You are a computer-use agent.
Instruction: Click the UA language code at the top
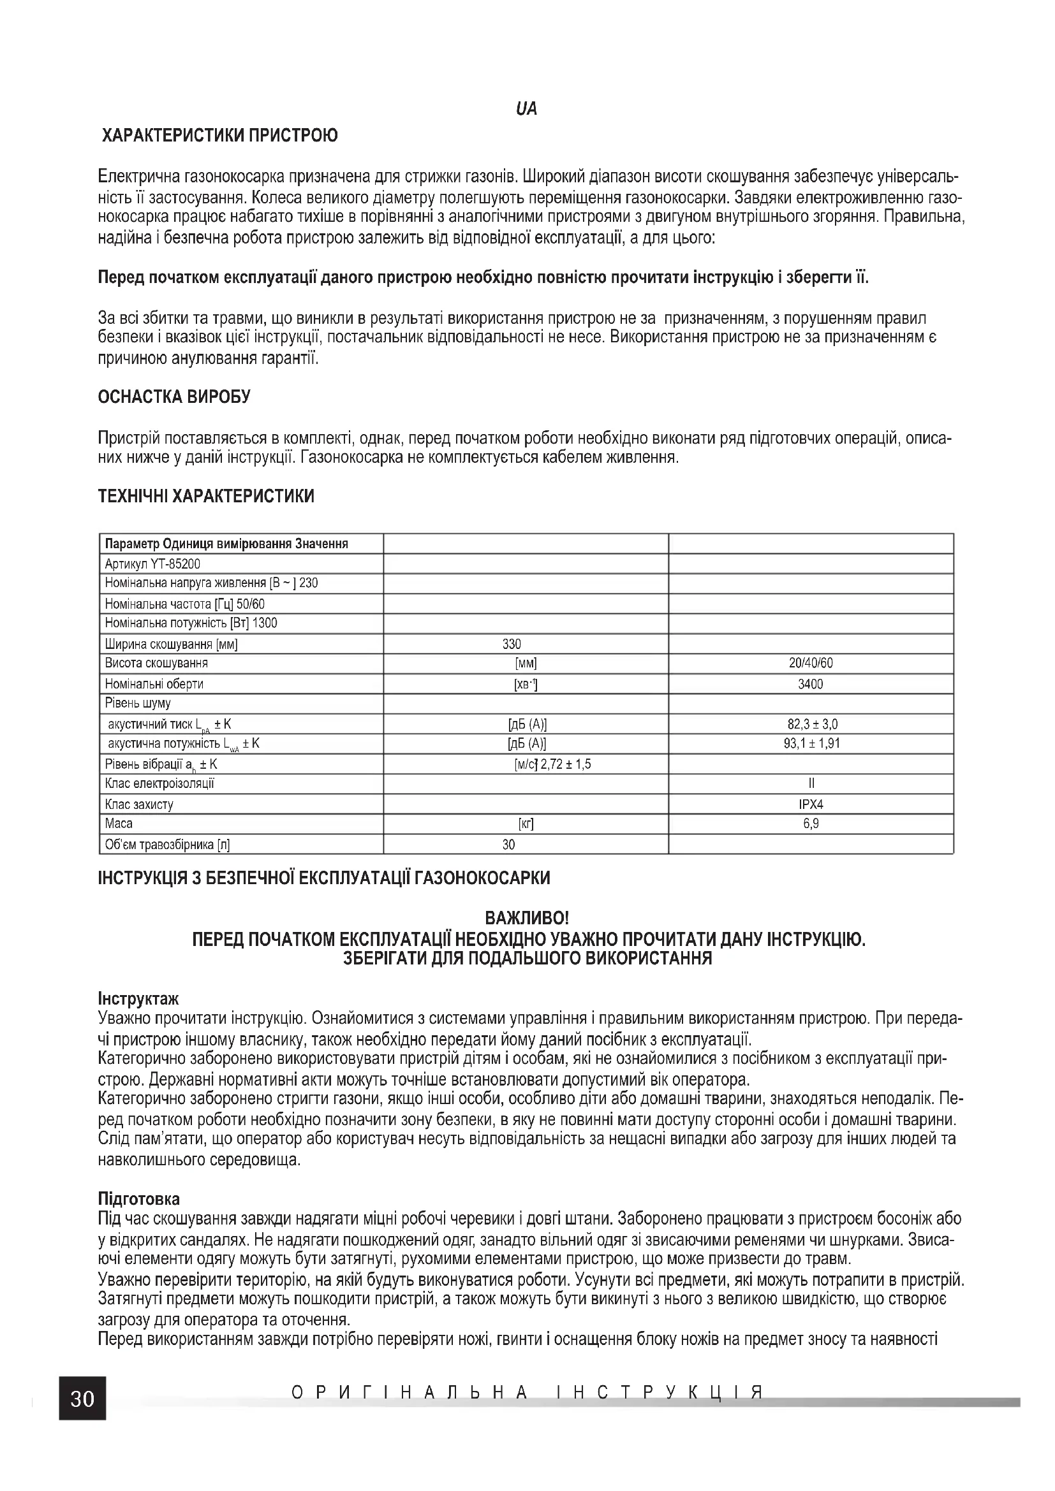click(x=526, y=109)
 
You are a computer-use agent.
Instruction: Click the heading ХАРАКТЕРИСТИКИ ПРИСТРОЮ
click(x=219, y=136)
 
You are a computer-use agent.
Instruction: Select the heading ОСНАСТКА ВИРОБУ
click(x=173, y=396)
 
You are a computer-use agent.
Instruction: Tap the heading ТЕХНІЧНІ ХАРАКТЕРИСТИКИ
click(x=206, y=496)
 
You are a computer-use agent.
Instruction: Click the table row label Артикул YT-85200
click(x=152, y=564)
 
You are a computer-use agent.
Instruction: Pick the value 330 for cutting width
click(x=512, y=644)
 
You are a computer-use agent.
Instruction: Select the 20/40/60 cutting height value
click(x=811, y=663)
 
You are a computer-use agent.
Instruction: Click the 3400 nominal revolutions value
click(x=811, y=684)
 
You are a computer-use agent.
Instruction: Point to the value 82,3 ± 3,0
click(x=811, y=724)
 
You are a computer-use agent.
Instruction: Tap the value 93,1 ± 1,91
click(x=811, y=743)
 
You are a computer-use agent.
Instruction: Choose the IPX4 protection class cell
click(x=811, y=804)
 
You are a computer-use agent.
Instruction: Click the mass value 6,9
click(x=811, y=824)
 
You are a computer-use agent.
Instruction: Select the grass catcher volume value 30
click(x=508, y=844)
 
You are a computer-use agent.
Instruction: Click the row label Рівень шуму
click(x=138, y=703)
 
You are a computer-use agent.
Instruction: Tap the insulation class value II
click(x=811, y=783)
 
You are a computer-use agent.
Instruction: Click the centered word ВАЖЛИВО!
click(x=527, y=918)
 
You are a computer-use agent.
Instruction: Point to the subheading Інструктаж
click(x=138, y=998)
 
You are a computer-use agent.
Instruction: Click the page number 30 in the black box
click(x=82, y=1398)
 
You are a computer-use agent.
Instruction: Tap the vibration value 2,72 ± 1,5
click(x=566, y=764)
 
